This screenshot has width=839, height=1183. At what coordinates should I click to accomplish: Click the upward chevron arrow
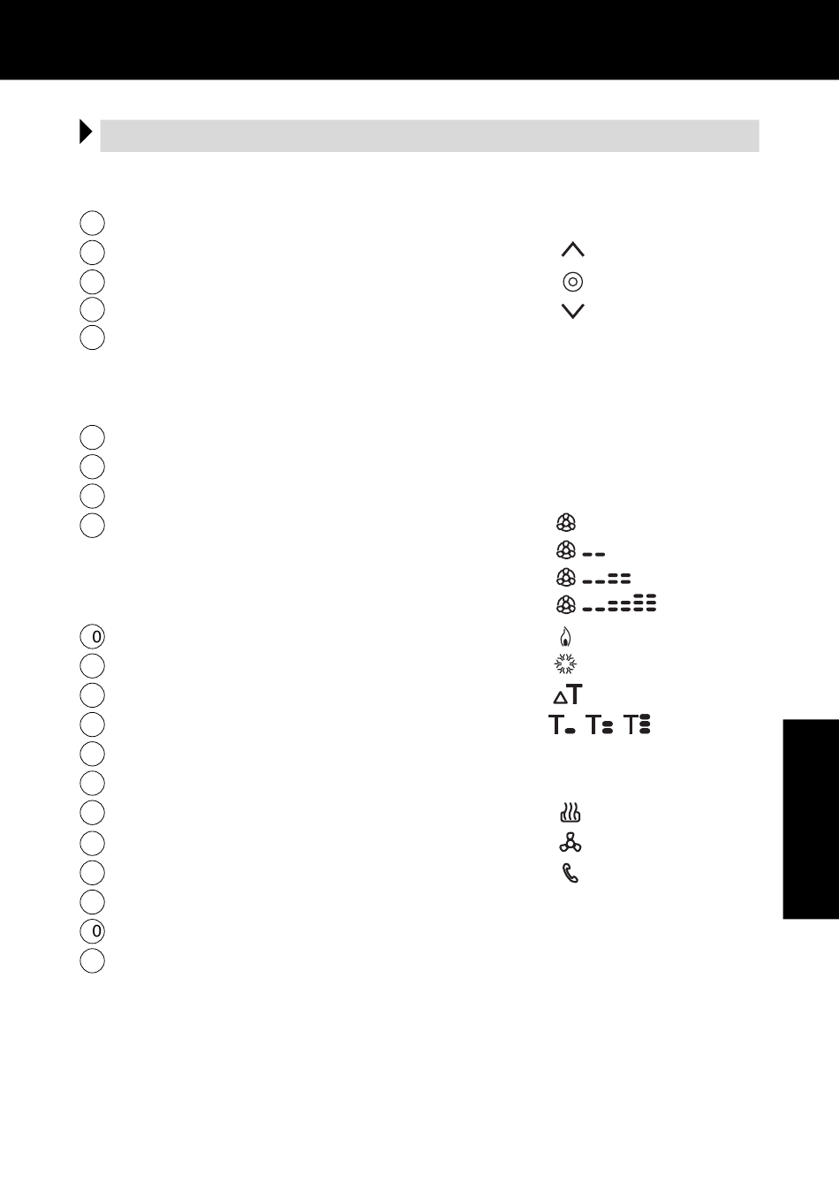pyautogui.click(x=573, y=248)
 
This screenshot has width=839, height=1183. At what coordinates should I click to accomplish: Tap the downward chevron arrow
pyautogui.click(x=573, y=312)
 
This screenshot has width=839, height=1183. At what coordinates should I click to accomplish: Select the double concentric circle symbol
pyautogui.click(x=573, y=282)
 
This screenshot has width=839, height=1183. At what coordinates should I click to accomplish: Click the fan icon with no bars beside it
pyautogui.click(x=566, y=522)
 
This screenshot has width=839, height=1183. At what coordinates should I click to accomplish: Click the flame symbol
pyautogui.click(x=565, y=636)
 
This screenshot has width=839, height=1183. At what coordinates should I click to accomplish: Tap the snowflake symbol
pyautogui.click(x=565, y=664)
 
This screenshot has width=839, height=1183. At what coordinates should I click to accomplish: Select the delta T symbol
pyautogui.click(x=568, y=694)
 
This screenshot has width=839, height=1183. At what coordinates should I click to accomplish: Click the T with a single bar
pyautogui.click(x=562, y=724)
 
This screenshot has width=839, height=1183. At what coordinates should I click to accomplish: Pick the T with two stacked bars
pyautogui.click(x=600, y=724)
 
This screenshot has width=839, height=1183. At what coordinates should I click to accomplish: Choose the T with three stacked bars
pyautogui.click(x=637, y=724)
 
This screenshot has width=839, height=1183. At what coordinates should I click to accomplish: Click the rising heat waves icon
pyautogui.click(x=571, y=812)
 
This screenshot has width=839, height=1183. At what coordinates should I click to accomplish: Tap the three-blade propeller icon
pyautogui.click(x=571, y=842)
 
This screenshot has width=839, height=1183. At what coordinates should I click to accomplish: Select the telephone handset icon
pyautogui.click(x=571, y=873)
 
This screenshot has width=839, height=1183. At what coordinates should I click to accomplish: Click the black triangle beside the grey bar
pyautogui.click(x=86, y=132)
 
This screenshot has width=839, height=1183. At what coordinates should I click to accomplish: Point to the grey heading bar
pyautogui.click(x=430, y=136)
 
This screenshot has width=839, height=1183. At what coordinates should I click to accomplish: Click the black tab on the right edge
pyautogui.click(x=811, y=819)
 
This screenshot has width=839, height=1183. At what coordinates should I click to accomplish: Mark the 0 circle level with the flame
pyautogui.click(x=93, y=637)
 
